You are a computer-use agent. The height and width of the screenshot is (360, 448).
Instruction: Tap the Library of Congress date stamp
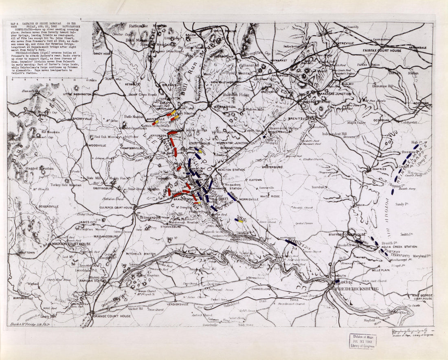click(362, 341)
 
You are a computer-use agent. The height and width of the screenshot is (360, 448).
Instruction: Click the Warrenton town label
click(225, 106)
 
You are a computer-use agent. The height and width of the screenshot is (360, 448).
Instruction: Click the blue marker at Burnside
click(337, 281)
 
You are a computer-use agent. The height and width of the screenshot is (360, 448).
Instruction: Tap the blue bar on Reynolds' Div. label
click(291, 242)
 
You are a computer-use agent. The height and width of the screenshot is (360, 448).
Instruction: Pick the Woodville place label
click(97, 145)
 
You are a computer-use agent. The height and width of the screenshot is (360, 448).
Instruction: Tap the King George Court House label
click(422, 296)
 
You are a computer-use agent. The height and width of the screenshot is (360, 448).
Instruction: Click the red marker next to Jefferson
click(172, 133)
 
